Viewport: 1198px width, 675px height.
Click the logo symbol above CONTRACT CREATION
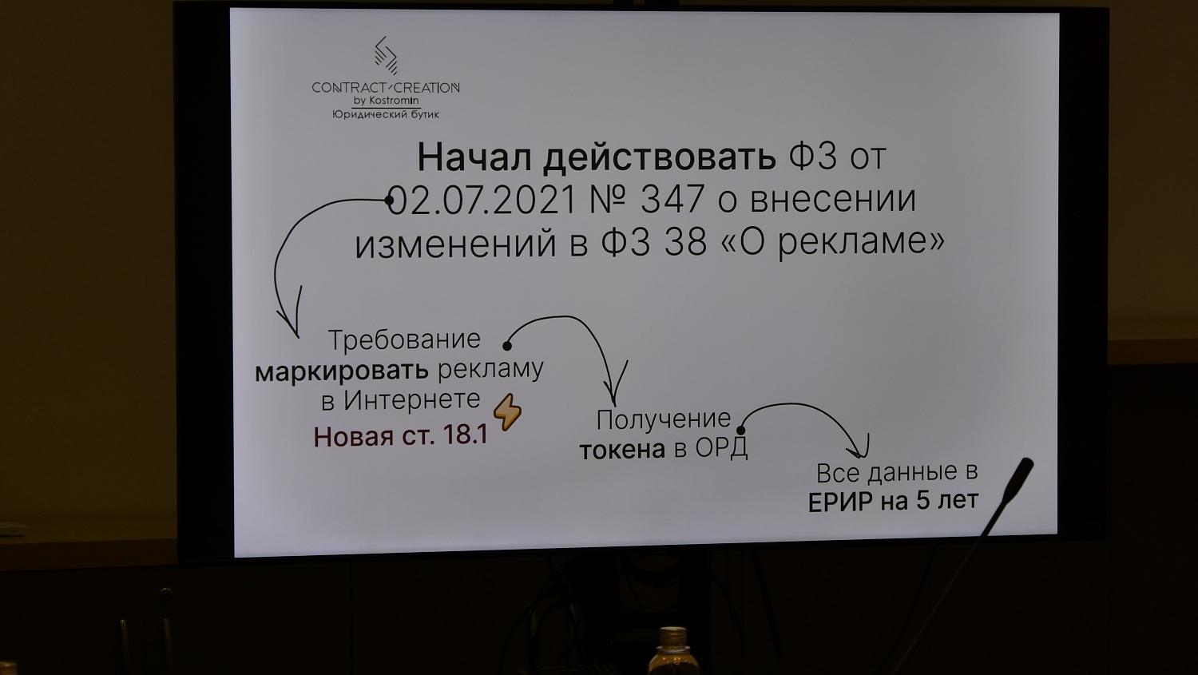(386, 55)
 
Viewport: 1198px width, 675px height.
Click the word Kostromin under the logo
(394, 101)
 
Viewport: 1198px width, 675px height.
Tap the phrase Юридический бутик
(386, 115)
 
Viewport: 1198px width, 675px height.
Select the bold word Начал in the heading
(474, 157)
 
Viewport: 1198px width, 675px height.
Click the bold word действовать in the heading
(659, 157)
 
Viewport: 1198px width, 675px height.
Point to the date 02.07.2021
(480, 200)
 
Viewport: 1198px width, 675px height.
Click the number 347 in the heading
(672, 200)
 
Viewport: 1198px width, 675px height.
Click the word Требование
(404, 339)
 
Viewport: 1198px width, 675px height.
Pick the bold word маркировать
(342, 371)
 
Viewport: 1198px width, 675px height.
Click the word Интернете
(412, 399)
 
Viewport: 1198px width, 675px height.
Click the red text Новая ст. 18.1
(400, 437)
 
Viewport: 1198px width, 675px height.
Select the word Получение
(664, 419)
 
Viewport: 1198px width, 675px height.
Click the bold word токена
(622, 450)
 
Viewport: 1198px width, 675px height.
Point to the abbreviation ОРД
(721, 448)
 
